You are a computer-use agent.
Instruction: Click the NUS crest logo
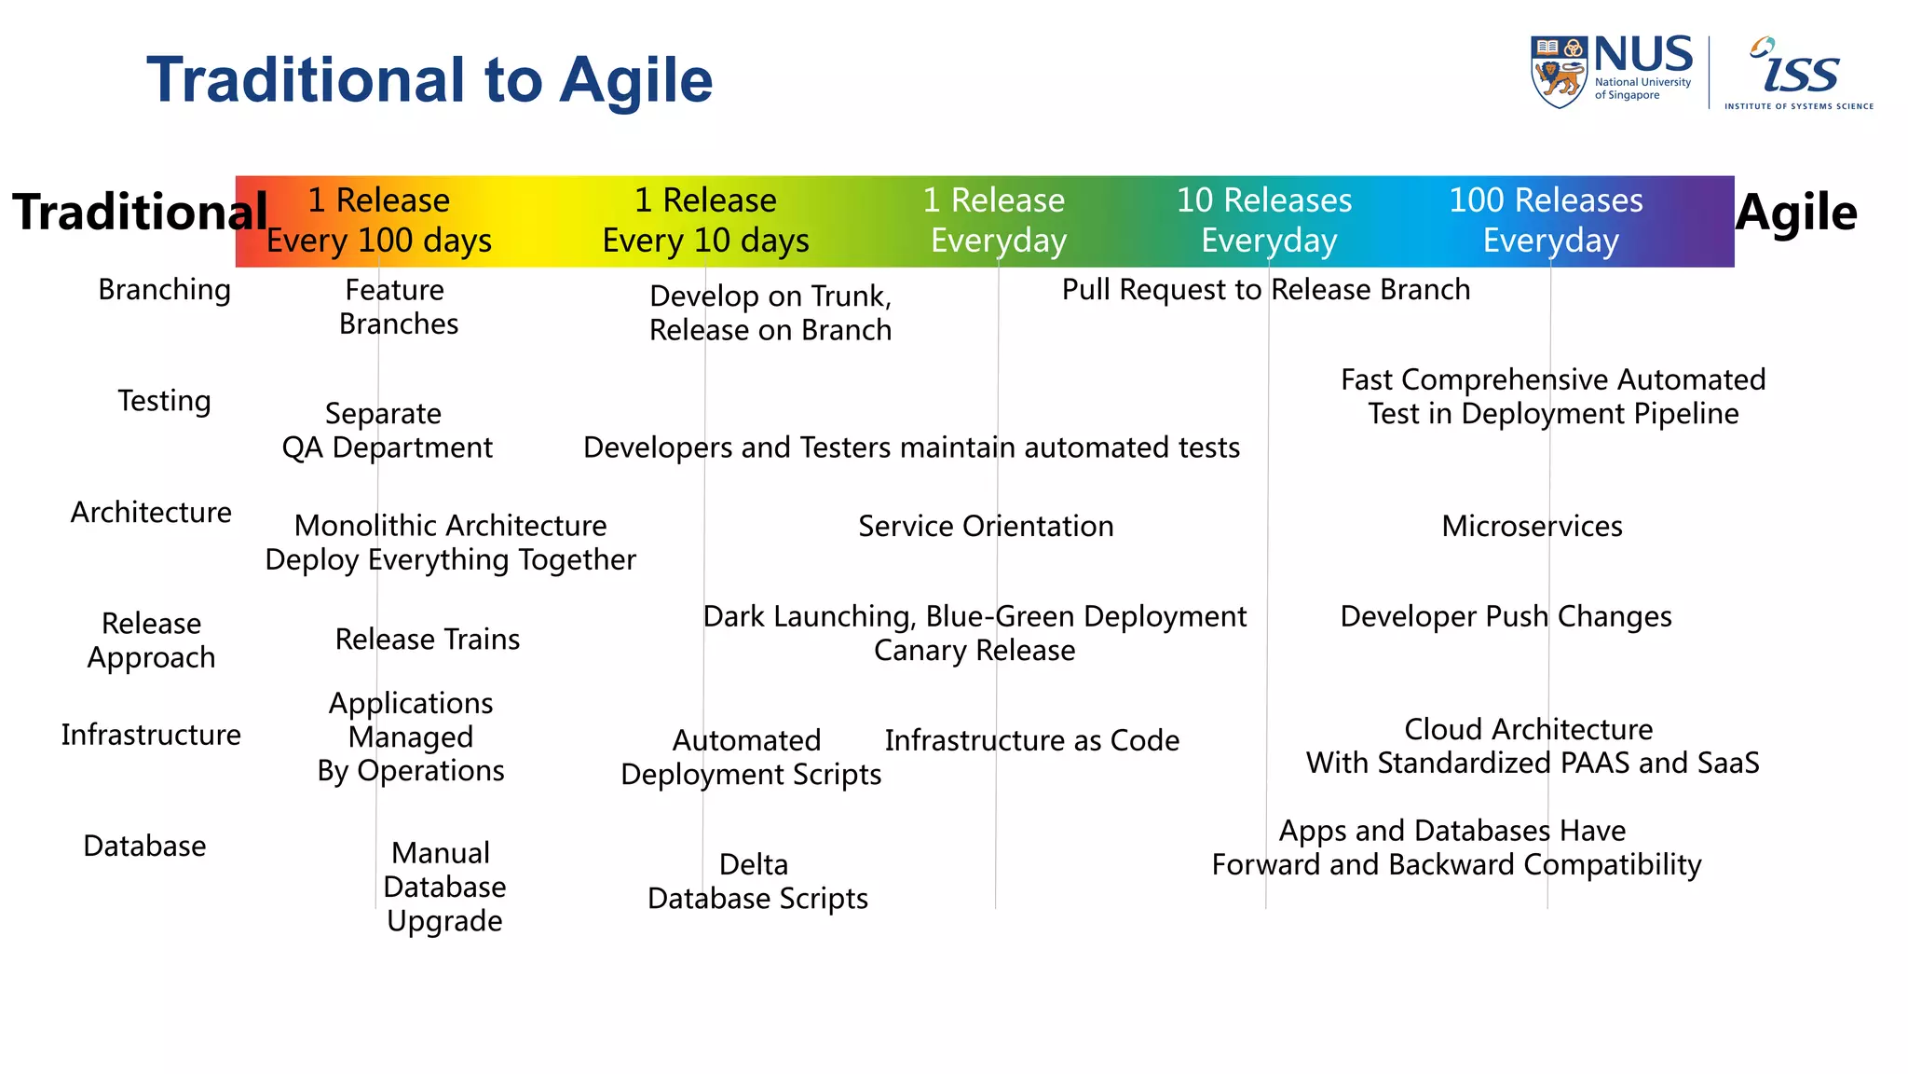(x=1559, y=72)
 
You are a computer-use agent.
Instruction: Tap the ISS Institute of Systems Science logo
(x=1798, y=74)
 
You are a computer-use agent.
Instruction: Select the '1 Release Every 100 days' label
(x=379, y=221)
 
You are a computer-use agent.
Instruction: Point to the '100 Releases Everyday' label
(x=1547, y=221)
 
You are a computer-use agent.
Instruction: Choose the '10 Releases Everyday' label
(x=1265, y=221)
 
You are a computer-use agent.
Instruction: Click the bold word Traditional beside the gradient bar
(x=140, y=213)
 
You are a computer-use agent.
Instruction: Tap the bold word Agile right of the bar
(x=1796, y=213)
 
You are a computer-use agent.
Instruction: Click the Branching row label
(x=164, y=290)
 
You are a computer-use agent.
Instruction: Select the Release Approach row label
(x=151, y=640)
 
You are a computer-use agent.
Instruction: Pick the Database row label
(x=144, y=846)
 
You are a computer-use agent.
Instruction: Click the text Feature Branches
(x=398, y=307)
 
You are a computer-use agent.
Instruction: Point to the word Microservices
(x=1532, y=527)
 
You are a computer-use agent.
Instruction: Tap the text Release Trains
(x=428, y=640)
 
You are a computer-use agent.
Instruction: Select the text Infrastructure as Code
(x=1031, y=740)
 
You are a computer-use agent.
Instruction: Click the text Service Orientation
(x=986, y=527)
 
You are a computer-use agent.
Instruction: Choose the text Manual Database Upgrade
(x=444, y=887)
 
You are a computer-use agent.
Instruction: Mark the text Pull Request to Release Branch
(x=1265, y=290)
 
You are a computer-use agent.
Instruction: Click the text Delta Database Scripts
(x=756, y=881)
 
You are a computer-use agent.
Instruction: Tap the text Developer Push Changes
(x=1506, y=617)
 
